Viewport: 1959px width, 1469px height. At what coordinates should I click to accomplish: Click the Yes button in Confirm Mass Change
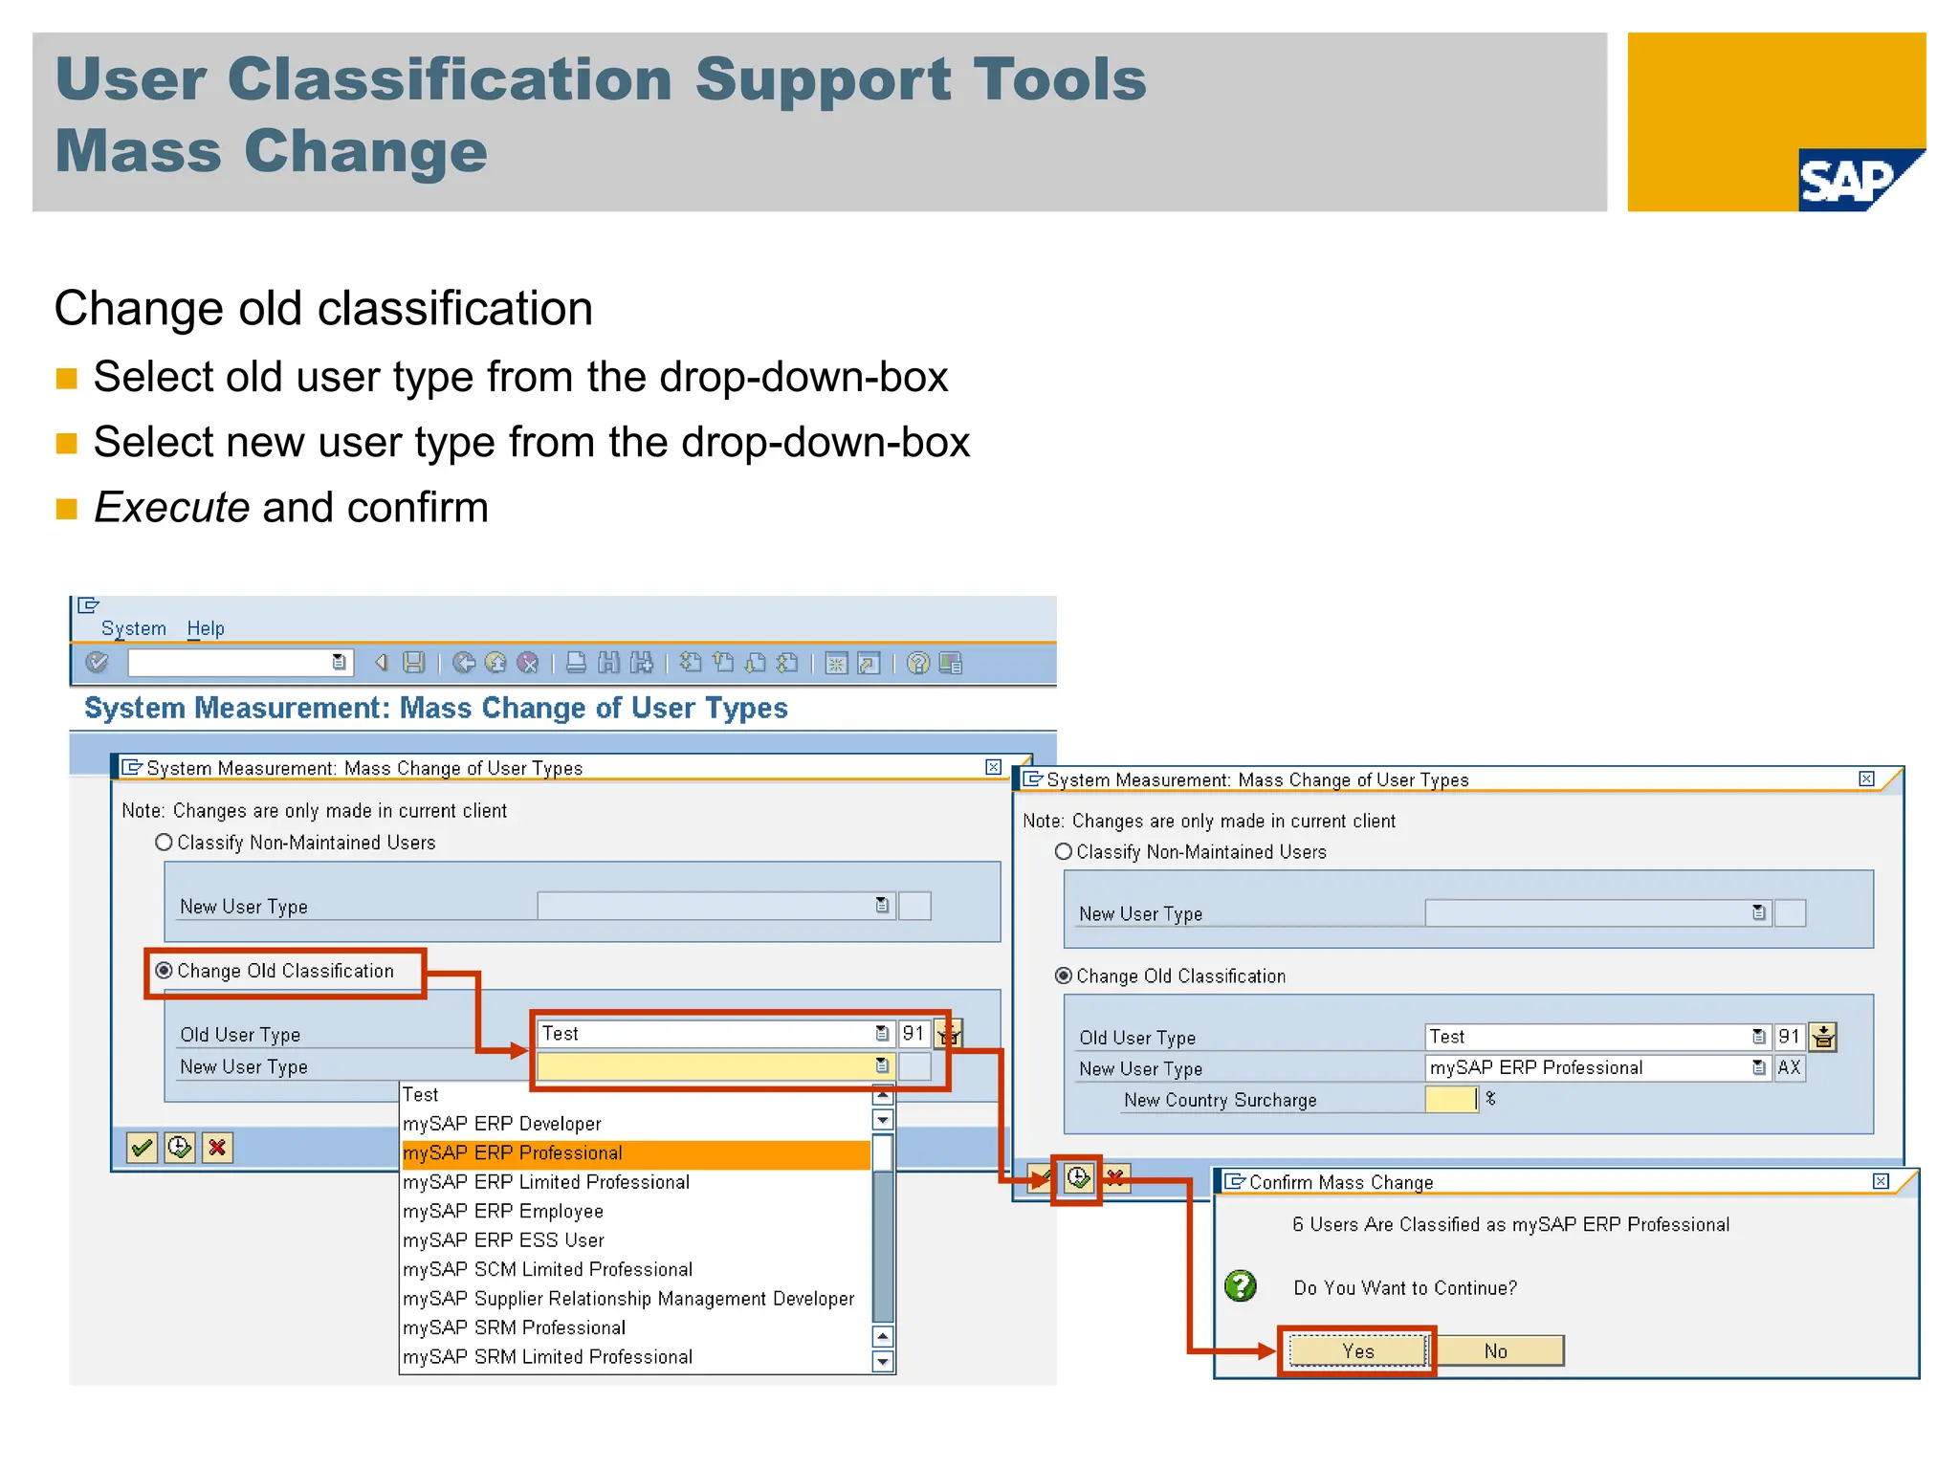pos(1356,1350)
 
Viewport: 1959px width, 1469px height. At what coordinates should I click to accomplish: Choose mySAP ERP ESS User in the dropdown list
pos(504,1240)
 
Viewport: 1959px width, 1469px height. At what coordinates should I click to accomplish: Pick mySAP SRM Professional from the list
pos(515,1327)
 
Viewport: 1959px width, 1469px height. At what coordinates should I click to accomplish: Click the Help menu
pos(205,628)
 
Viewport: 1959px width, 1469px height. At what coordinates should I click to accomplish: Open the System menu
pos(133,628)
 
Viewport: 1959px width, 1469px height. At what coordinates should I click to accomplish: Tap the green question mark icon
pos(1241,1286)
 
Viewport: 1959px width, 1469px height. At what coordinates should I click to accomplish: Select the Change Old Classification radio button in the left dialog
pos(165,971)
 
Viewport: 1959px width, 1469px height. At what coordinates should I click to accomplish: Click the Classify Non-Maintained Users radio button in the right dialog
pos(1063,851)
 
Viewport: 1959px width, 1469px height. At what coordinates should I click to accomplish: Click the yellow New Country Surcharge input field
pos(1450,1100)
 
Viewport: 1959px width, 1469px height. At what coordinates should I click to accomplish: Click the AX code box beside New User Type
pos(1789,1067)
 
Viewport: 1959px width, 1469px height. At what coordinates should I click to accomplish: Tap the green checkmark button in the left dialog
pos(142,1148)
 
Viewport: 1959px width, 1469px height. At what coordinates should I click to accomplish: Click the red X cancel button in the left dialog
pos(217,1148)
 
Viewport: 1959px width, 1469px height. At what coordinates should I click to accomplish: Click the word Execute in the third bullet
pos(172,508)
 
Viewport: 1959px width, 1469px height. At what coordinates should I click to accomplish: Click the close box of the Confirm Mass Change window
pos(1881,1181)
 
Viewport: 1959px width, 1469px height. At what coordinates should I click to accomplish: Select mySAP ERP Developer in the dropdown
pos(502,1124)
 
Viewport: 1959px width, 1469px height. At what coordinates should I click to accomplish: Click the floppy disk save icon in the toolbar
pos(413,663)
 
